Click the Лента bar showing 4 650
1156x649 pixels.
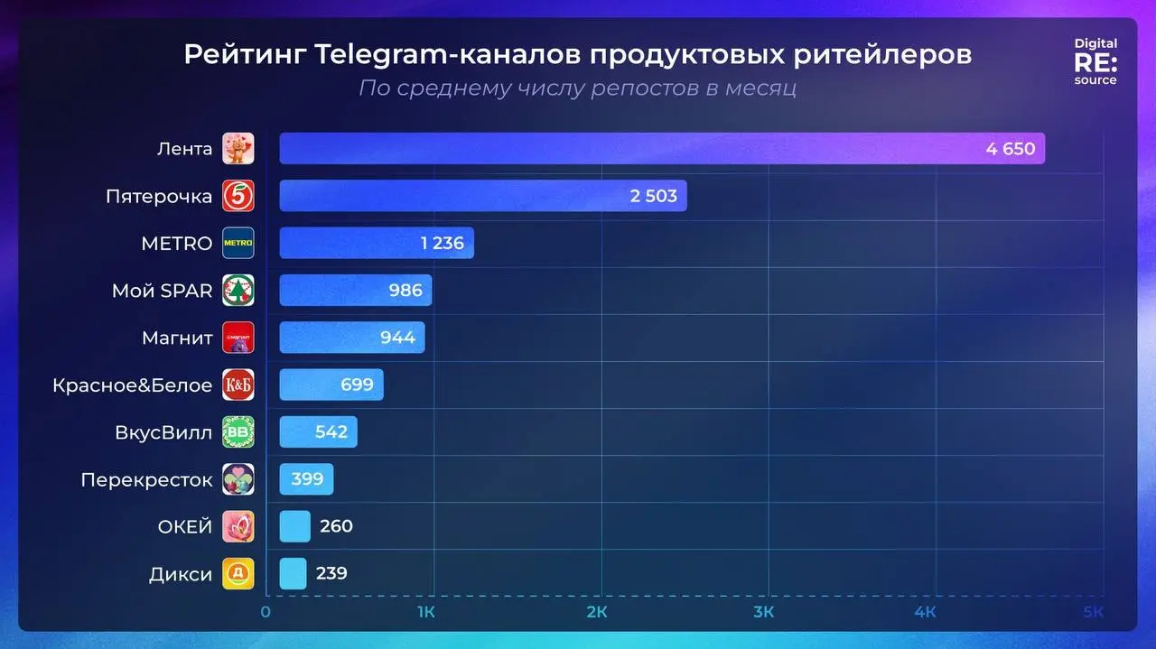click(661, 149)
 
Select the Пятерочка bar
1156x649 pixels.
click(482, 196)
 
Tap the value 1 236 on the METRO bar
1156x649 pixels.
click(442, 244)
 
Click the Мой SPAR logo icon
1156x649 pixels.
click(238, 291)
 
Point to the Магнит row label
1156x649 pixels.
click(177, 338)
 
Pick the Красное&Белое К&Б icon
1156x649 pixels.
click(238, 385)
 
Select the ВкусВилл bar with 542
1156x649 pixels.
click(318, 432)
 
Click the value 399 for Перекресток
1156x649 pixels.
click(307, 479)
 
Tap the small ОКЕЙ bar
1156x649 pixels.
click(294, 526)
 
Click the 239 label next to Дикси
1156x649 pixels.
click(331, 574)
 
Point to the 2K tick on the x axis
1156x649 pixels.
click(596, 612)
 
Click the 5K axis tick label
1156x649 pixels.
click(1094, 612)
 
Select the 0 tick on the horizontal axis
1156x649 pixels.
click(266, 612)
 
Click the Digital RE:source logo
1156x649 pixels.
click(1095, 61)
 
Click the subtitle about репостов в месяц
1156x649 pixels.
click(577, 88)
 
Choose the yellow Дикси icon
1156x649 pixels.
click(238, 574)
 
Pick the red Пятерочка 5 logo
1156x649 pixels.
click(238, 196)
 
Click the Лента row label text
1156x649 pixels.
click(184, 149)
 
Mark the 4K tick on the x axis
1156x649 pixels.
click(925, 612)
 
